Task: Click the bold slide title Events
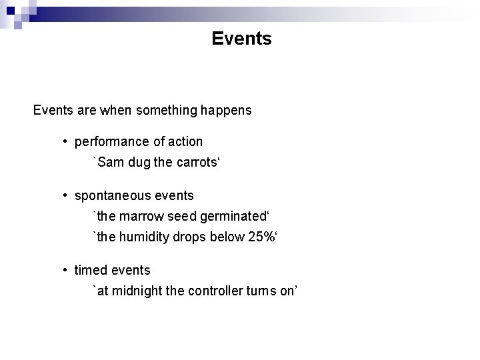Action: tap(241, 39)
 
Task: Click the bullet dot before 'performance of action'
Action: tap(66, 142)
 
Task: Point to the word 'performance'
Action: tap(108, 142)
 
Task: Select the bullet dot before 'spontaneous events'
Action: tap(66, 196)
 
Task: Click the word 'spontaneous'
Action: tap(111, 196)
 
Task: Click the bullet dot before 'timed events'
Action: tap(66, 270)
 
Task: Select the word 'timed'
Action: tap(90, 270)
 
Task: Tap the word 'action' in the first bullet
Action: tap(185, 142)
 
